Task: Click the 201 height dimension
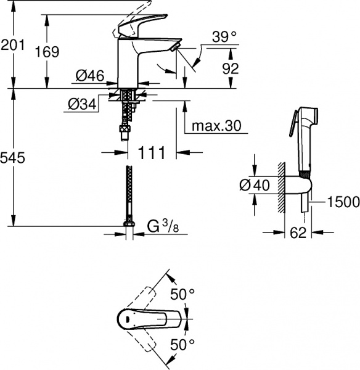coord(13,45)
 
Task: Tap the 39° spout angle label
coord(223,38)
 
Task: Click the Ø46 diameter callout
coord(90,76)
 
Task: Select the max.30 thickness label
coord(215,126)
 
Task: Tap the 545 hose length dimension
coord(13,158)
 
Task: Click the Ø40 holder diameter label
coord(256,184)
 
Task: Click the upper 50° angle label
coord(183,295)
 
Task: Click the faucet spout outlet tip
coord(175,46)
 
